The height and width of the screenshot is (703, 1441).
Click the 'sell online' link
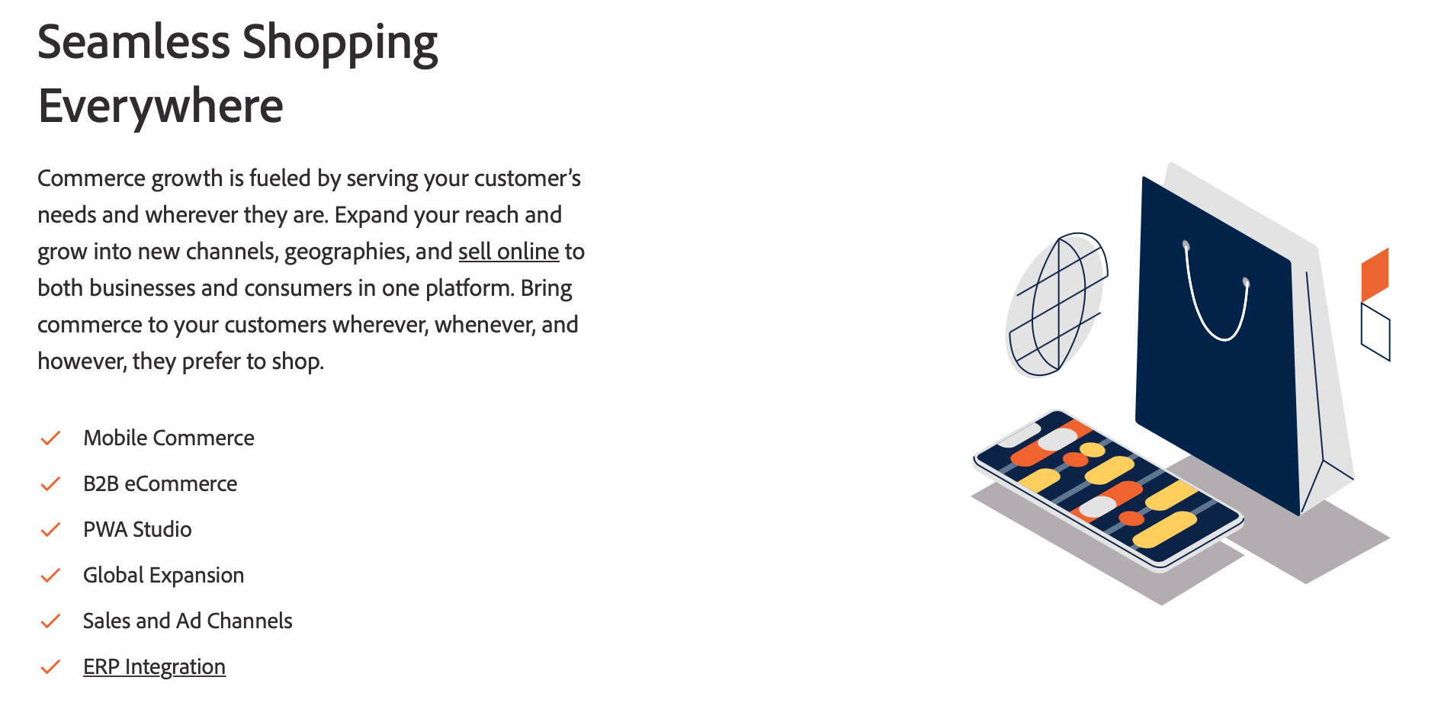[509, 252]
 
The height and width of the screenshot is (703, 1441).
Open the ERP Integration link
[154, 666]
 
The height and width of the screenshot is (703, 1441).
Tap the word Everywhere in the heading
[161, 106]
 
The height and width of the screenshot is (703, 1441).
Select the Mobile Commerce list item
[168, 438]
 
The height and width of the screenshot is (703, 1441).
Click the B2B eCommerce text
[160, 483]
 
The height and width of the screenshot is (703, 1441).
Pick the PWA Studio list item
[137, 529]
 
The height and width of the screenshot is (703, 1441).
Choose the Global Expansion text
[163, 575]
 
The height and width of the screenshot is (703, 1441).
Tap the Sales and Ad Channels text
[188, 621]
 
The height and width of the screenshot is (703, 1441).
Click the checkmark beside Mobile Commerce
[50, 438]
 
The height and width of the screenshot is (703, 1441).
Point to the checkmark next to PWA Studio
[50, 529]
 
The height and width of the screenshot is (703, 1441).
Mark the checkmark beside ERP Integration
[50, 666]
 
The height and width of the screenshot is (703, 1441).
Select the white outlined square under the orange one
[1375, 331]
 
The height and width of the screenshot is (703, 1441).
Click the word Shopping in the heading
[340, 43]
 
